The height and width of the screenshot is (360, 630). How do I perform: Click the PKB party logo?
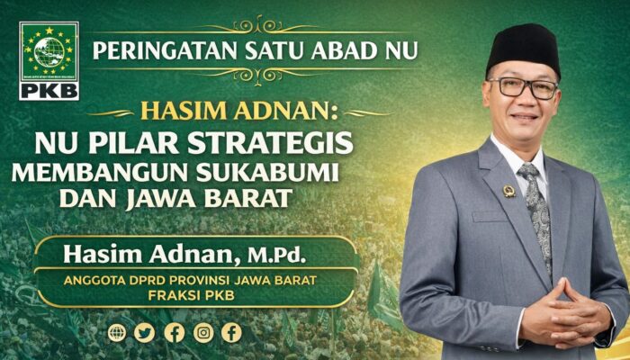coord(49,60)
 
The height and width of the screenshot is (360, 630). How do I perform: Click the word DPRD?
coord(151,280)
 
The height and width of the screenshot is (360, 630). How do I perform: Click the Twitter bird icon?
coord(145,333)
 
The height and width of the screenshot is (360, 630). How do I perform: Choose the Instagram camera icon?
coord(203,333)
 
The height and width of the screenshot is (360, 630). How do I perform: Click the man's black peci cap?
coord(522,48)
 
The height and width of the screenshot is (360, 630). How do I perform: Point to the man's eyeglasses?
coord(522,88)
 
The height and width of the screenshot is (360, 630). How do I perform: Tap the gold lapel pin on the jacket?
coord(508,191)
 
